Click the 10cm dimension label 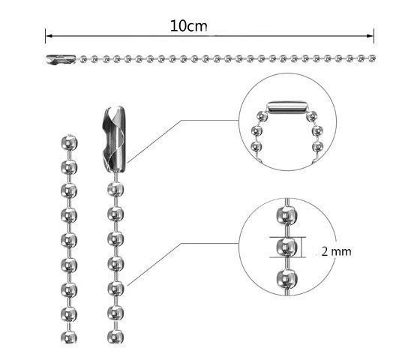[189, 26]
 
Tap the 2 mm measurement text [336, 251]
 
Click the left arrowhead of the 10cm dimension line [49, 36]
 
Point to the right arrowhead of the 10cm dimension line [370, 36]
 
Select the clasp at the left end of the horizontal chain [61, 59]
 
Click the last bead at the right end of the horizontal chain [372, 58]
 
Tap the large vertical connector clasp [114, 139]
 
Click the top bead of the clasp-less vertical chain [69, 142]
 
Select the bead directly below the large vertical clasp [115, 189]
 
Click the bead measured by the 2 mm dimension [286, 247]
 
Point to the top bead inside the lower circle [286, 215]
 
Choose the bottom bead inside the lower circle [286, 278]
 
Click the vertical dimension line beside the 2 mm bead [302, 247]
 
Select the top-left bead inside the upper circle [262, 116]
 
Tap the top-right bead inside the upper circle [311, 116]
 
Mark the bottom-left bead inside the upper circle [256, 146]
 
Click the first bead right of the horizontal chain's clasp [84, 59]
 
